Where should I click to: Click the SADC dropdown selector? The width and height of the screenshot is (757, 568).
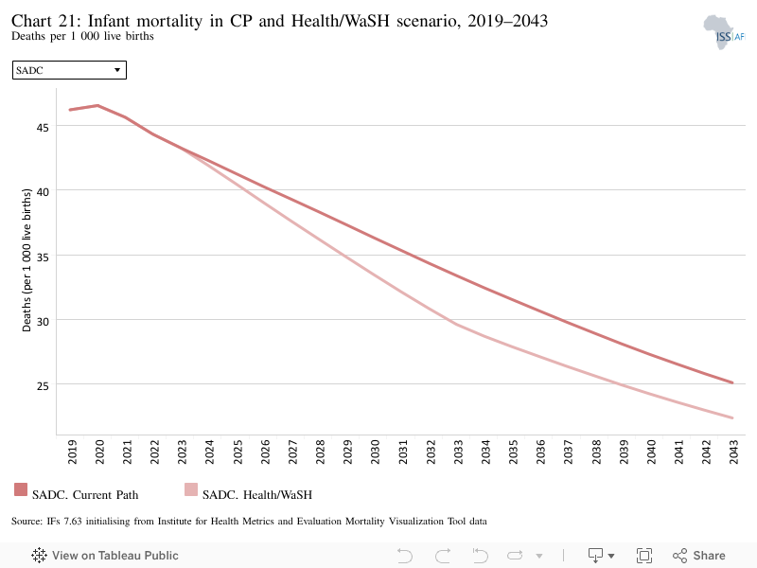[x=69, y=70]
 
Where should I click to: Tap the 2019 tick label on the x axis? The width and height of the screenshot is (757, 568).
[x=72, y=452]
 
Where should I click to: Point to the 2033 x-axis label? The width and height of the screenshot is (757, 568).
[x=458, y=452]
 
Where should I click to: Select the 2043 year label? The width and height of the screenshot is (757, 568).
[x=734, y=452]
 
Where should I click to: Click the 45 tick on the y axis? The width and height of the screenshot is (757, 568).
[x=43, y=128]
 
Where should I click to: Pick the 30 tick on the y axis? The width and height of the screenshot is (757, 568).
[x=43, y=322]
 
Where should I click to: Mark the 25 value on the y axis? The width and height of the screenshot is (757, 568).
[x=43, y=386]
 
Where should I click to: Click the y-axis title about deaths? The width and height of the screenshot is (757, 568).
[x=26, y=259]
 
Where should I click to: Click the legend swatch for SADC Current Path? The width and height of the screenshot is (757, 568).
[x=21, y=489]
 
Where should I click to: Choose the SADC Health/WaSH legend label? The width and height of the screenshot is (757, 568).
[x=257, y=494]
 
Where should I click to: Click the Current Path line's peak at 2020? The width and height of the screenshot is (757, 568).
[x=98, y=105]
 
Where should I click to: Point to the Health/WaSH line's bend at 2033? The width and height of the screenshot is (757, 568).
[x=457, y=325]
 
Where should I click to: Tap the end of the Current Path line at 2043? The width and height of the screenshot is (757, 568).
[x=732, y=382]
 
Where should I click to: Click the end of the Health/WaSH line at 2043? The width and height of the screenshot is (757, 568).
[x=732, y=417]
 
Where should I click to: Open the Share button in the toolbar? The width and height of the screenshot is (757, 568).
[x=699, y=556]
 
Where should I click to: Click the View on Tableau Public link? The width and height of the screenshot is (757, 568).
[x=105, y=556]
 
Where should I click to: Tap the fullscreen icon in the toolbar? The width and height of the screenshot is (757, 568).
[x=644, y=556]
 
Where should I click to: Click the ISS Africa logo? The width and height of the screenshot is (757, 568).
[x=724, y=32]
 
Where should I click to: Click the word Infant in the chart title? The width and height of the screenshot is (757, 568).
[x=109, y=21]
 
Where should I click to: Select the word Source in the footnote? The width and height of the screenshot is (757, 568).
[x=26, y=522]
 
